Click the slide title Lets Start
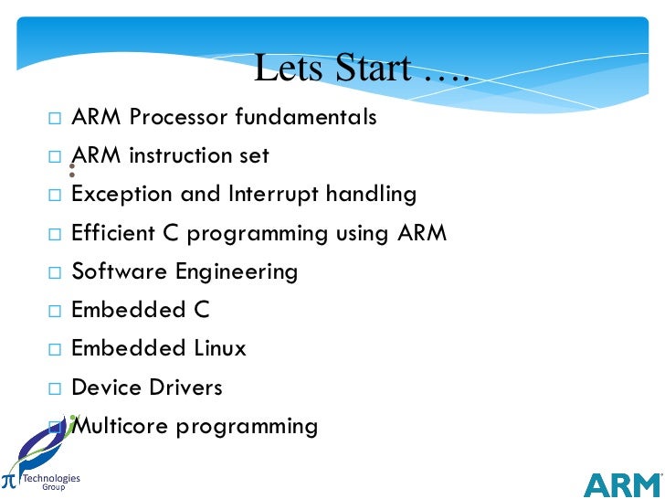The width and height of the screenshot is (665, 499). (x=361, y=69)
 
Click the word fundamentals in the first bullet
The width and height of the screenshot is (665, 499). (x=305, y=118)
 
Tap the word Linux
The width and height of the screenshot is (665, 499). (x=220, y=349)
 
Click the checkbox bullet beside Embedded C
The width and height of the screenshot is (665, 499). (x=54, y=312)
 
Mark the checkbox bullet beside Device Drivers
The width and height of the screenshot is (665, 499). (x=54, y=388)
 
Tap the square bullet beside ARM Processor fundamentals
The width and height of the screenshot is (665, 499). (x=54, y=119)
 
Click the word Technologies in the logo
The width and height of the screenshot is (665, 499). (x=51, y=478)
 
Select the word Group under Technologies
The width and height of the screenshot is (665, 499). (x=53, y=488)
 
